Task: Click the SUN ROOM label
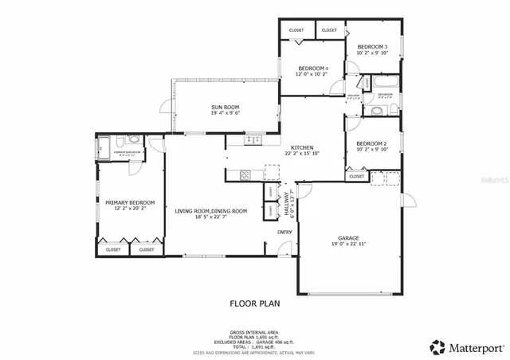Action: click(x=226, y=108)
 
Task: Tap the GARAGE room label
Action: click(x=347, y=238)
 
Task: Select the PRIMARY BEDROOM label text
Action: click(x=129, y=202)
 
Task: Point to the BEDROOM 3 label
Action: click(x=372, y=47)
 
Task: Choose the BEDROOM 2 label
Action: click(x=372, y=143)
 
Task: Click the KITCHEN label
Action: click(x=301, y=148)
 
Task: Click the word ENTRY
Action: click(x=284, y=233)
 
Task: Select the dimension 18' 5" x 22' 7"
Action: click(x=211, y=217)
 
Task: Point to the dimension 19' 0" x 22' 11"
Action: click(x=347, y=245)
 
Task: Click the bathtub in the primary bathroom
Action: click(x=104, y=146)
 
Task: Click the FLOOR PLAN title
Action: click(x=254, y=303)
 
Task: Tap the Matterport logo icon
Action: click(x=437, y=346)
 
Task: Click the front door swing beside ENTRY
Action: click(x=273, y=249)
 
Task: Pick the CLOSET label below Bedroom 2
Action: click(x=356, y=177)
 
